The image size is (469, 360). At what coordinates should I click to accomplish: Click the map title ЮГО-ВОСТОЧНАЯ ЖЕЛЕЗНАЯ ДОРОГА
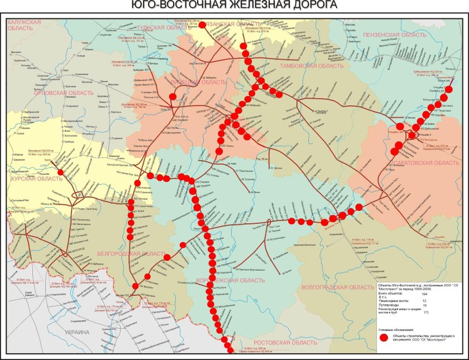click(x=234, y=5)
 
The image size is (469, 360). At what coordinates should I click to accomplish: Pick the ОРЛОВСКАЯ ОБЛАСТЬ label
click(x=64, y=93)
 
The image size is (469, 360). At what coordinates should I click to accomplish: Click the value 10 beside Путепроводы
click(x=425, y=306)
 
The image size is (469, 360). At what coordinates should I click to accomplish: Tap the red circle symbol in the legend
click(x=383, y=338)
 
